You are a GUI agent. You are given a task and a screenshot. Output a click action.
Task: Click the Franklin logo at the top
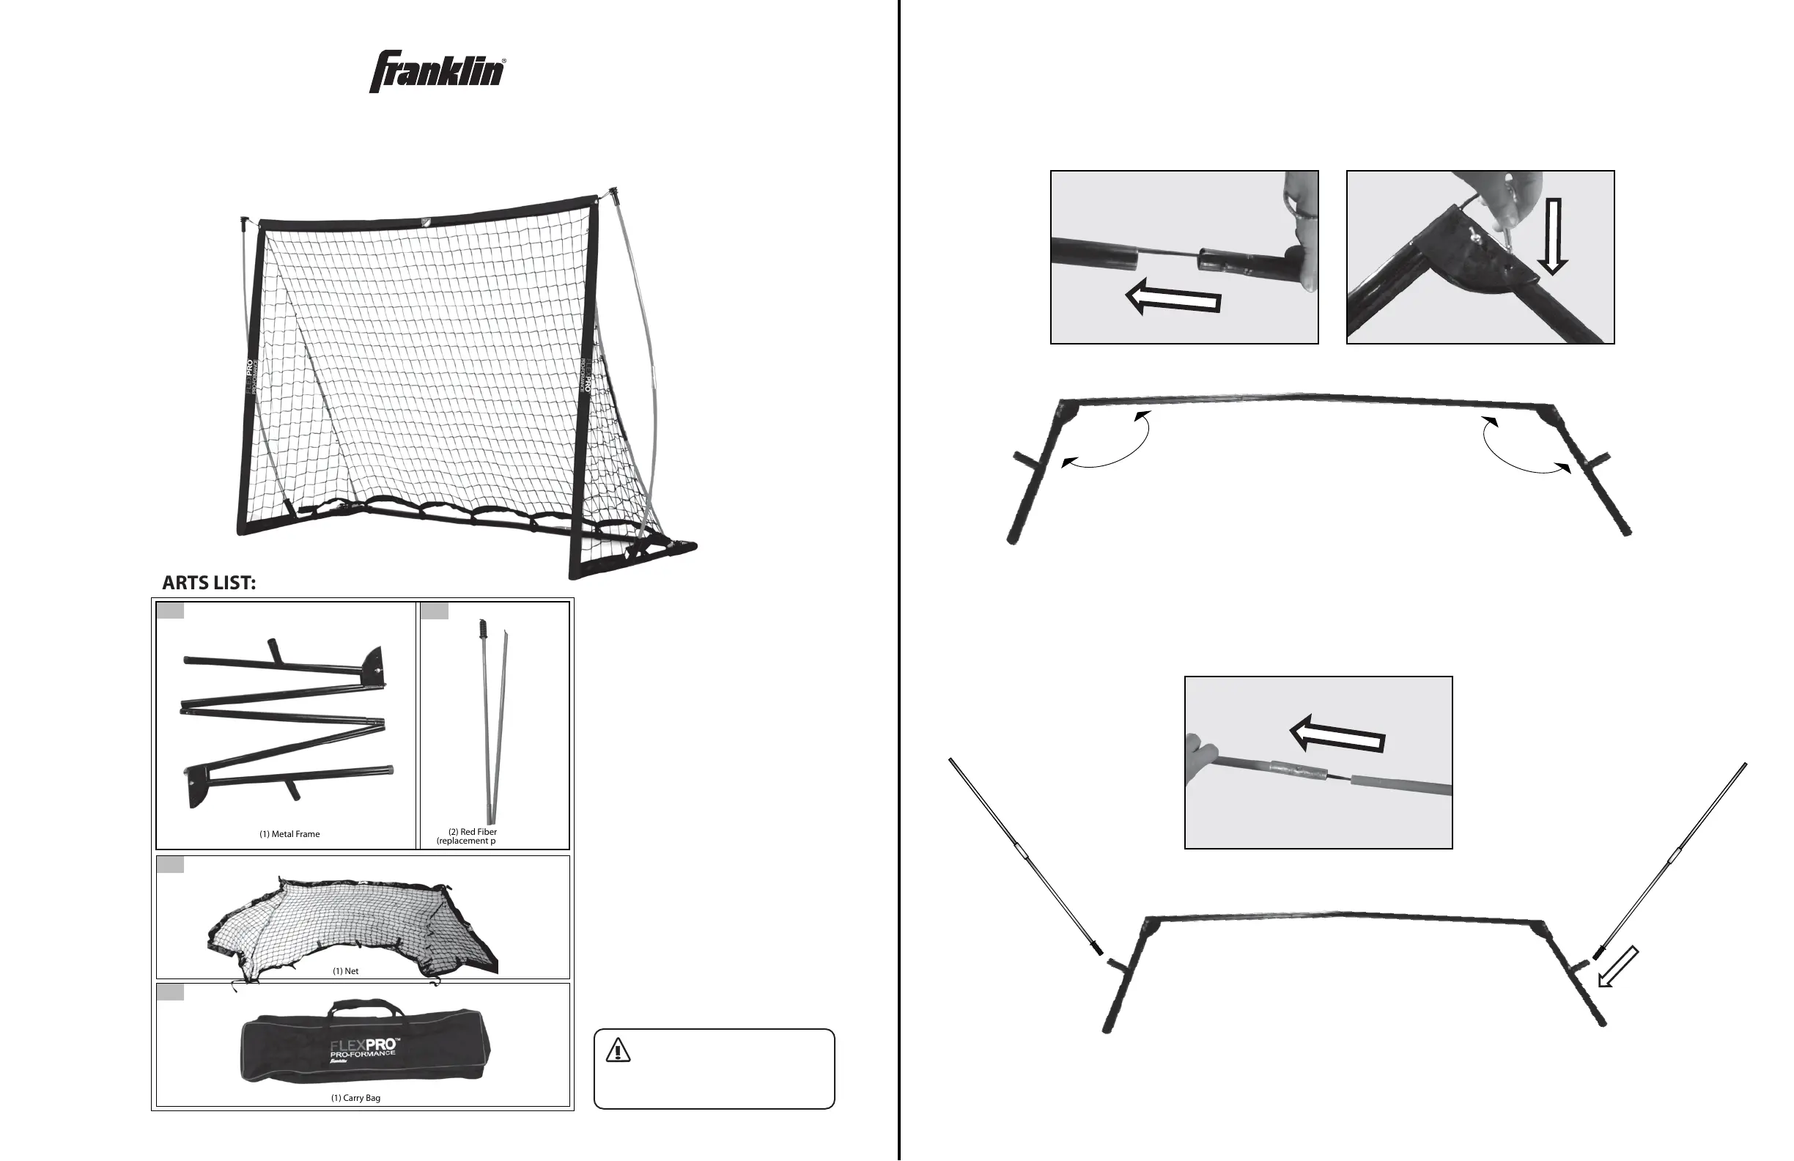(438, 72)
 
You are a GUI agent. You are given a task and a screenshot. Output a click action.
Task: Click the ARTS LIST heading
(209, 583)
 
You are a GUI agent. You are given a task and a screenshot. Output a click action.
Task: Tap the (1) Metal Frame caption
(289, 834)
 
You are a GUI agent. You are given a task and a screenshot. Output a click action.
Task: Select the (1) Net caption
(345, 971)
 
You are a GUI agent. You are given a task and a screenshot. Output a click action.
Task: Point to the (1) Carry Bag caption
(355, 1098)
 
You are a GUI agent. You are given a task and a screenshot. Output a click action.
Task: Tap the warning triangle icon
(618, 1050)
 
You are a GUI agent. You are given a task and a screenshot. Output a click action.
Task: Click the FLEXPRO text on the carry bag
(364, 1047)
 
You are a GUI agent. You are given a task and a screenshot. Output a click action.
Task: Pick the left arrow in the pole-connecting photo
(1172, 298)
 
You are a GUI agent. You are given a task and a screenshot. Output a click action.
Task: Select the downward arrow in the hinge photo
(1553, 236)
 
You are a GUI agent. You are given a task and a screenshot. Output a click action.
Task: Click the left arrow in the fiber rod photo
(1337, 735)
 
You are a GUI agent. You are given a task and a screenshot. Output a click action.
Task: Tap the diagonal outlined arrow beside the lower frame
(1617, 978)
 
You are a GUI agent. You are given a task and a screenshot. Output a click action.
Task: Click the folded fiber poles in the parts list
(492, 720)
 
